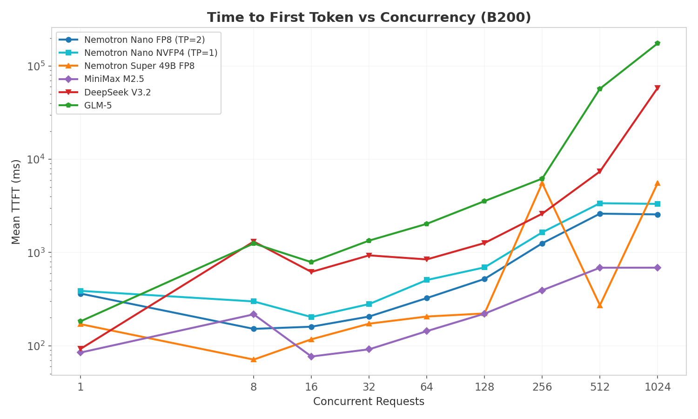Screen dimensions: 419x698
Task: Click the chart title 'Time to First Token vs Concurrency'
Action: pos(369,18)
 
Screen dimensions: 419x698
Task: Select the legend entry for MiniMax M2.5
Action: pos(114,79)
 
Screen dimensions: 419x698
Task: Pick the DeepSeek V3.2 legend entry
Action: pos(117,93)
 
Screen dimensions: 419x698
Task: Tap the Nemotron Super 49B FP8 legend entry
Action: pos(139,66)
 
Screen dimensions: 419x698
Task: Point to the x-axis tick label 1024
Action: pos(657,387)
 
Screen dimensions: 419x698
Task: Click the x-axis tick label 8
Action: pos(254,387)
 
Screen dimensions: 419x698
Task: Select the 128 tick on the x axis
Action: pos(484,387)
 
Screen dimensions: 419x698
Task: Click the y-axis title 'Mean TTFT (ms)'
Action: pos(16,202)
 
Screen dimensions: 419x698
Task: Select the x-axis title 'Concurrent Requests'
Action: pos(369,402)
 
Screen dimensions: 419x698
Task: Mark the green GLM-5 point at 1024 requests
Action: pos(657,43)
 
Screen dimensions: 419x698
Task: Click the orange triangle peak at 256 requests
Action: pos(542,183)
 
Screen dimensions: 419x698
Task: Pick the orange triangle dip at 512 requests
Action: pos(600,305)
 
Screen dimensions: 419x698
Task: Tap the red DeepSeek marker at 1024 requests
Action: pos(657,88)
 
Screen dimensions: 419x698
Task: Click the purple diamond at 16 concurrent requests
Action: pos(311,357)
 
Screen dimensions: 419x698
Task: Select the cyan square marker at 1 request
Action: pos(81,291)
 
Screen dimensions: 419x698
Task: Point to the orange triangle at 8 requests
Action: pos(254,359)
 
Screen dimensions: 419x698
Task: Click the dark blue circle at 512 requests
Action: pos(600,214)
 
